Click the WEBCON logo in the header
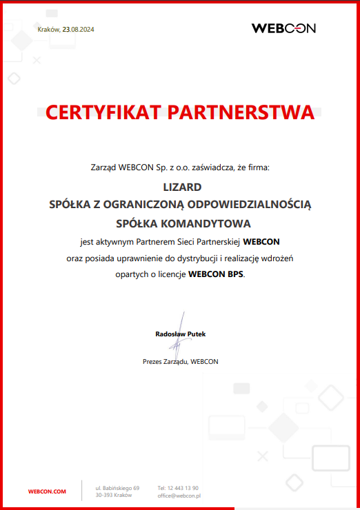point(283,28)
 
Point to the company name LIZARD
point(180,186)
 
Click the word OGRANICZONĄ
point(166,205)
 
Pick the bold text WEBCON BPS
point(216,274)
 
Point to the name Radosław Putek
point(180,334)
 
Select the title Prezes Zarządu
point(165,361)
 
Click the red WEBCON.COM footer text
point(47,491)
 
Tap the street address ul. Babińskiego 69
point(117,487)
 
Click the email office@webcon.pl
point(179,496)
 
